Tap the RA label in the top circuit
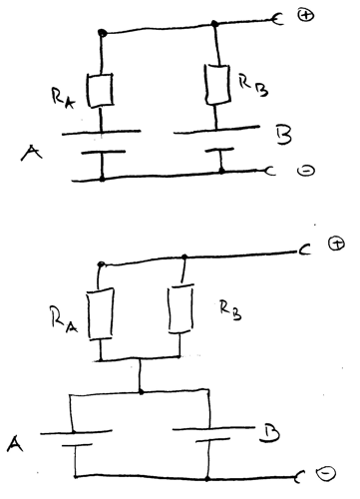point(63,98)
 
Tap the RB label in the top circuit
point(253,85)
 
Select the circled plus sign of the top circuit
point(305,15)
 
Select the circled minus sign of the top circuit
point(306,171)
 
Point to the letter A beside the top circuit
point(31,154)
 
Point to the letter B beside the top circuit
point(283,135)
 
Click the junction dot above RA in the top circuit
point(103,33)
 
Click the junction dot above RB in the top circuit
point(214,23)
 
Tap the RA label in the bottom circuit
point(64,319)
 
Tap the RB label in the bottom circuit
point(230,310)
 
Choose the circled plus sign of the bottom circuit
point(337,244)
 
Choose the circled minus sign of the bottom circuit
point(326,473)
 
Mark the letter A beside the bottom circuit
point(15,444)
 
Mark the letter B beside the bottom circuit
point(268,434)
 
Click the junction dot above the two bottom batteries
point(141,392)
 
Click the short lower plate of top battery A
point(104,152)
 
